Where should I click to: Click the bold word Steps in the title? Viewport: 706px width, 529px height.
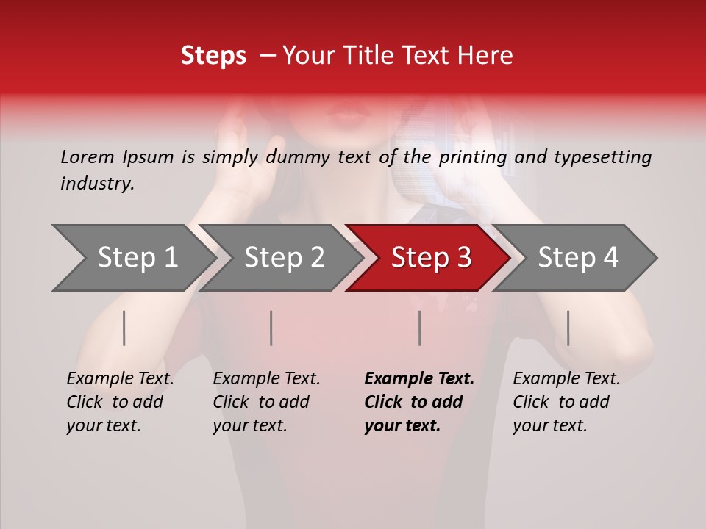point(213,56)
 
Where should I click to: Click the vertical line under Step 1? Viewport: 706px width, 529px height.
point(124,328)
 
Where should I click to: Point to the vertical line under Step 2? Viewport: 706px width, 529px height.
point(271,328)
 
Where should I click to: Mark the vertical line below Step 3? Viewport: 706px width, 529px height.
point(420,328)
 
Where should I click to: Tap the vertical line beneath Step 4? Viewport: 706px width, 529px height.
point(568,328)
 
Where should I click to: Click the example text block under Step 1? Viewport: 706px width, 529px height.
point(120,402)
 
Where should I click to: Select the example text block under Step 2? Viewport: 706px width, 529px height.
point(266,402)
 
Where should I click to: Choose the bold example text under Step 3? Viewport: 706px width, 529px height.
point(419,402)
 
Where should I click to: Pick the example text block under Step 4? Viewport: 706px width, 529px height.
point(566,402)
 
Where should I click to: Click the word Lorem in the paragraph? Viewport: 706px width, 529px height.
point(88,157)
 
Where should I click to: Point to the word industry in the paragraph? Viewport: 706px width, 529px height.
point(97,184)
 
